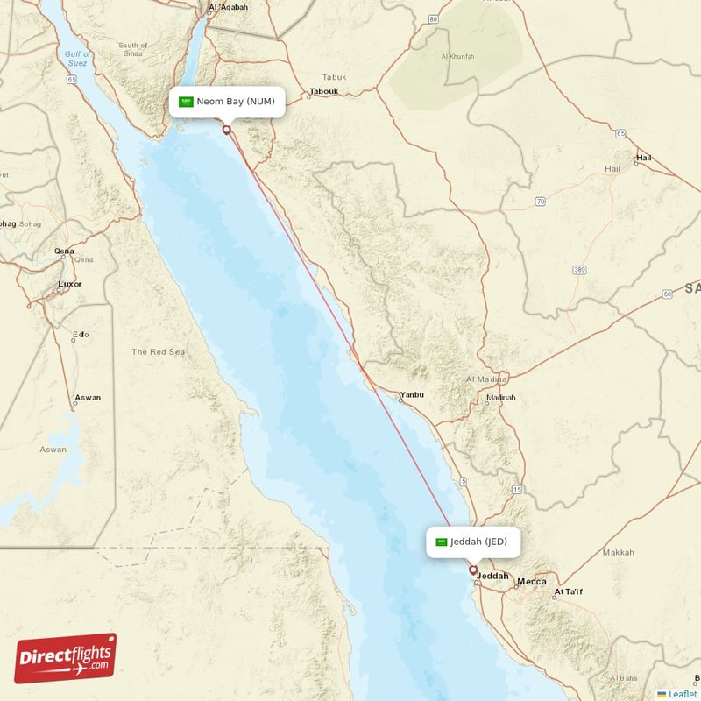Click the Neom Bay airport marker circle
click(226, 130)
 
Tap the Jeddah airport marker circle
click(473, 570)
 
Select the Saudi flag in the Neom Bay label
click(186, 102)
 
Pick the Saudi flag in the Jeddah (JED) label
click(441, 542)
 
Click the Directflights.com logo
click(66, 658)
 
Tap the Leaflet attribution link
click(683, 694)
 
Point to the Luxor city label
click(69, 284)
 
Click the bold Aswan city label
click(88, 398)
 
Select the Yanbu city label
click(411, 395)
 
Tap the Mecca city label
click(532, 582)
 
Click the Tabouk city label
click(323, 90)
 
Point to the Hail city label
click(643, 158)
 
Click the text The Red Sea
click(158, 351)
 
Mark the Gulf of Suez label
click(77, 59)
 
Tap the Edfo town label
click(81, 334)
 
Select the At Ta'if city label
click(567, 592)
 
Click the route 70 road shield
click(541, 202)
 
